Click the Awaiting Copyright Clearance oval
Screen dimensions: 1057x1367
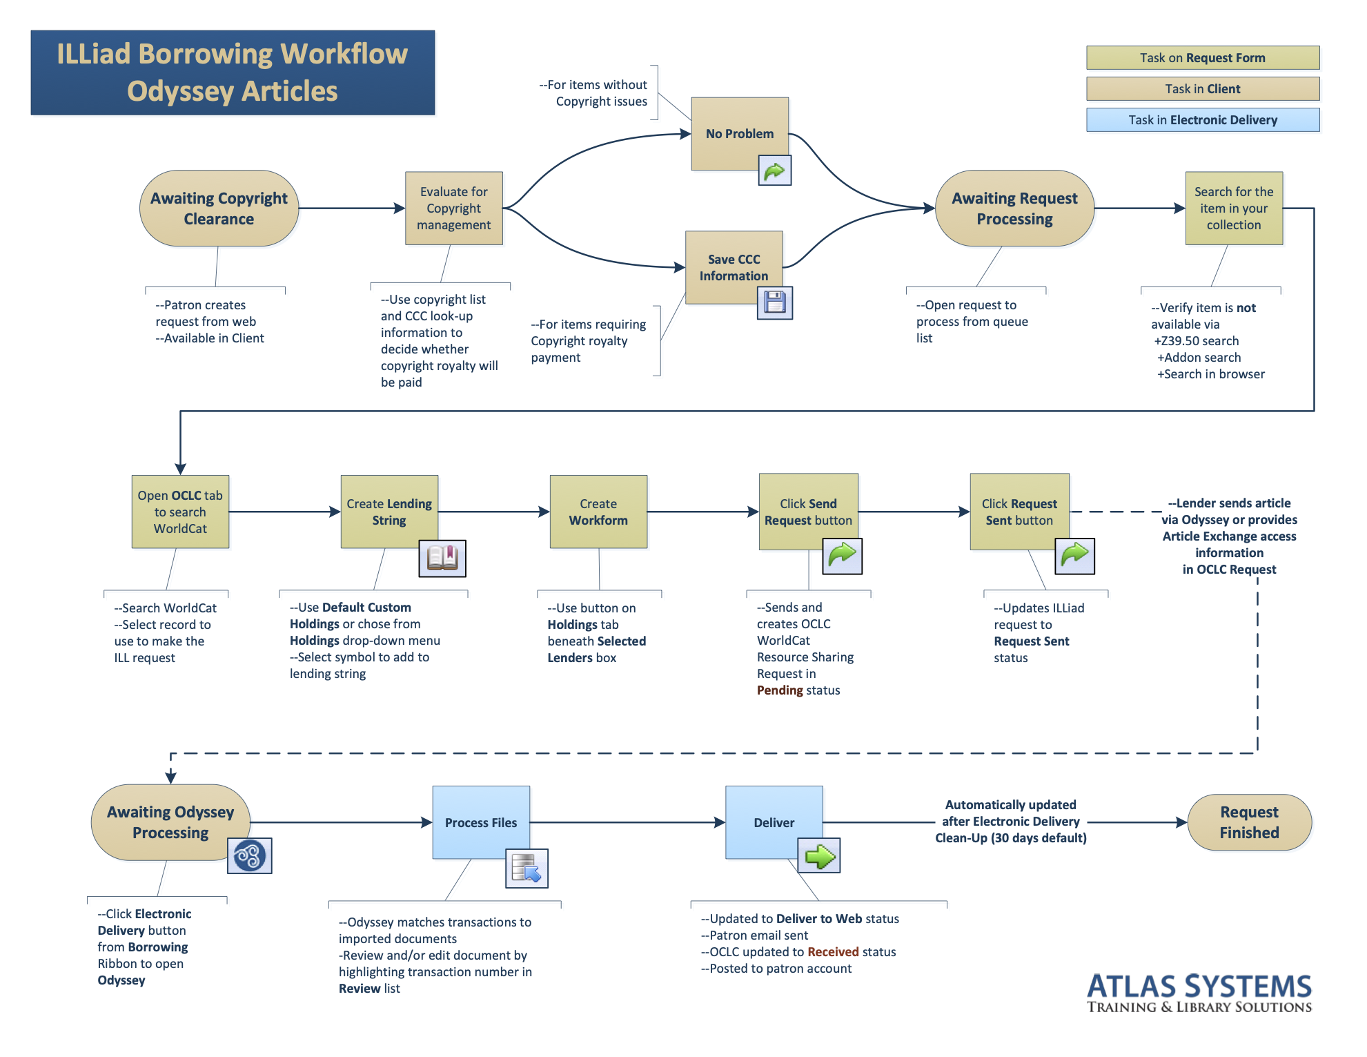[x=219, y=209]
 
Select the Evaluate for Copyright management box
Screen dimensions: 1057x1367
[x=453, y=208]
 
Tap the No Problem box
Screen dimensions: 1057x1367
[x=739, y=133]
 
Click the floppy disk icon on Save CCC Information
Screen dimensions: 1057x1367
[x=774, y=302]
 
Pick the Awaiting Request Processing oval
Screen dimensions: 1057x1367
[x=1014, y=209]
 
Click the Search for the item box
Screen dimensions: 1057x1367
[x=1233, y=208]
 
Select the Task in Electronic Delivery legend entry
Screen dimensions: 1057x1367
[x=1202, y=120]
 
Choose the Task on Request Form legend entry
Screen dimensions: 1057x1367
[x=1202, y=58]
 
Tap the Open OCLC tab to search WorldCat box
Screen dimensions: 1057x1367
[x=180, y=512]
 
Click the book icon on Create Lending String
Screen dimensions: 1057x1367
[x=442, y=558]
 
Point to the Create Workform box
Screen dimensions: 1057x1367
[x=598, y=512]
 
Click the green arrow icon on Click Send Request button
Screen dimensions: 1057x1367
[x=842, y=555]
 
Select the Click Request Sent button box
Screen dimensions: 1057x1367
[x=1019, y=512]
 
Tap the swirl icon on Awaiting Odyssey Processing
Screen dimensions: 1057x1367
[x=249, y=855]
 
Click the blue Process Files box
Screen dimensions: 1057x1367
[x=480, y=822]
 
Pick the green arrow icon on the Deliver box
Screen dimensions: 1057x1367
[x=819, y=856]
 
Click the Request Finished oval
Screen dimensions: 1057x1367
[x=1248, y=822]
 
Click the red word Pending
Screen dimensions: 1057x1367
[x=780, y=690]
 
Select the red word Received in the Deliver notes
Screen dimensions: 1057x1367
[x=832, y=952]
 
